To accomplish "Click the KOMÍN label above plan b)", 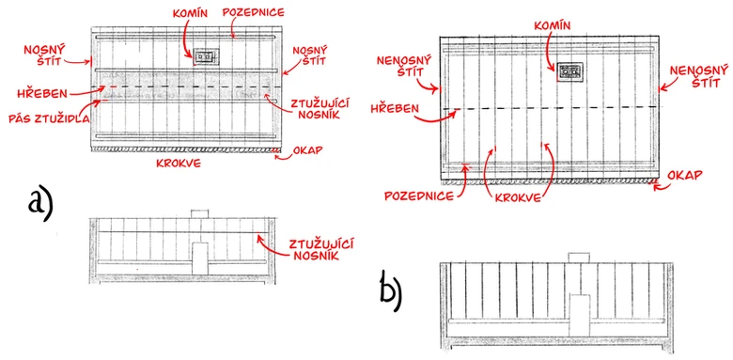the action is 554,26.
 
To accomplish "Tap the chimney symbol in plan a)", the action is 204,56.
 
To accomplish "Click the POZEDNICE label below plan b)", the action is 419,196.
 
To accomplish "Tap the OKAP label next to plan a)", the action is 307,150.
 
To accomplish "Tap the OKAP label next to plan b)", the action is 687,176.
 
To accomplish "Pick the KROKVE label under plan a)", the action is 179,163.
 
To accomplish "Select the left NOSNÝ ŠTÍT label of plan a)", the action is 46,54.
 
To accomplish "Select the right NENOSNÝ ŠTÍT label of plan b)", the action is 699,77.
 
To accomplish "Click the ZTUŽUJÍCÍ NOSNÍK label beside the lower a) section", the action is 320,249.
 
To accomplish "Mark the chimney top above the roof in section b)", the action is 580,258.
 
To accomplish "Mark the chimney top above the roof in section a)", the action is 199,213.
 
